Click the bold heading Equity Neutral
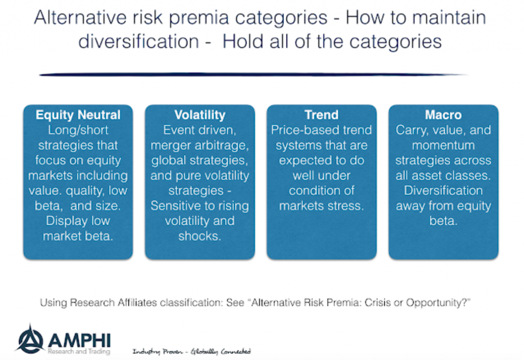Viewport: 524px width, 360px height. tap(78, 115)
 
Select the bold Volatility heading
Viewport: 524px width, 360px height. tap(200, 115)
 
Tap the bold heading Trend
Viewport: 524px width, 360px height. tap(321, 115)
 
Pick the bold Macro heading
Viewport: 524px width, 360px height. tap(443, 115)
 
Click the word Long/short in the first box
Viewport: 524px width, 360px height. tap(78, 130)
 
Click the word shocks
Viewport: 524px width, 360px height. tap(200, 236)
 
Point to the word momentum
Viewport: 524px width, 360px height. tap(443, 145)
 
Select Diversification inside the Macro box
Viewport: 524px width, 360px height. tap(443, 190)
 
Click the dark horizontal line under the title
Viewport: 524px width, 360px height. tap(253, 75)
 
